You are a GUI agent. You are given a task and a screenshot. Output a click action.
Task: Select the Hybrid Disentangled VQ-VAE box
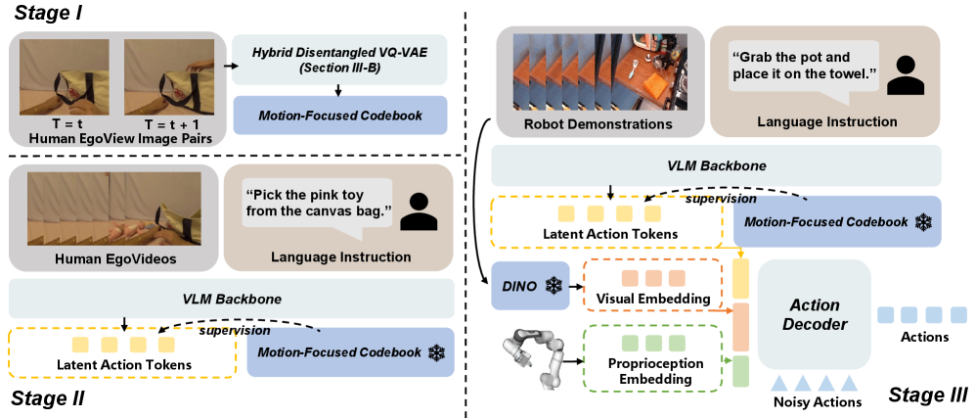coord(340,59)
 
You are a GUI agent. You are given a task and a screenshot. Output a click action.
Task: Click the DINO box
coord(530,285)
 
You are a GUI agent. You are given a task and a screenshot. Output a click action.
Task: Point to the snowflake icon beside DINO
coord(553,286)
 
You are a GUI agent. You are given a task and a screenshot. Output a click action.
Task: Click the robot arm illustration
coord(534,360)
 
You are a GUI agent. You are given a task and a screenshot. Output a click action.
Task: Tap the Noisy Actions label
coord(817,402)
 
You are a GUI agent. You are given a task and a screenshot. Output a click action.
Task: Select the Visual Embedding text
coord(653,299)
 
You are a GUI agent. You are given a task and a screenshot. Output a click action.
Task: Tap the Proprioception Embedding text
coord(652,371)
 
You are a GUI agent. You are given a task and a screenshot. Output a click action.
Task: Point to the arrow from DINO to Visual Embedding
coord(577,288)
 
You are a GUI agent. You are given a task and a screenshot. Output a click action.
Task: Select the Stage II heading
coord(47,398)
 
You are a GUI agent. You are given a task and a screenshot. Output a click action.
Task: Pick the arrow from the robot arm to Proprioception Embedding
coord(575,360)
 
